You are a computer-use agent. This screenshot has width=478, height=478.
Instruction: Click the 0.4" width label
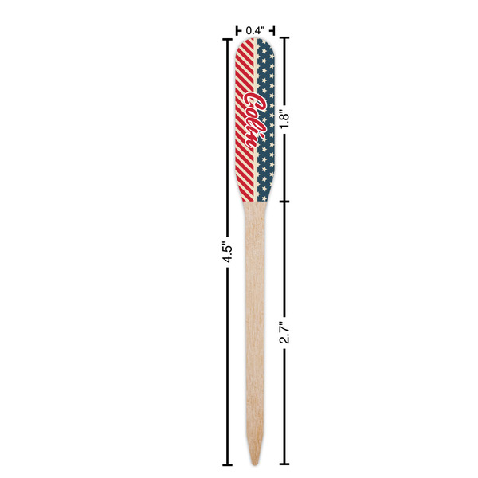point(255,30)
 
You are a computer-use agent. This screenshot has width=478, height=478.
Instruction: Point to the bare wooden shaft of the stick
point(255,319)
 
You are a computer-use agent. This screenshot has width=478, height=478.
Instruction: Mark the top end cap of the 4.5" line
point(228,38)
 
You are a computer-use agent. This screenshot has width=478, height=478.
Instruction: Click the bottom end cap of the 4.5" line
point(228,464)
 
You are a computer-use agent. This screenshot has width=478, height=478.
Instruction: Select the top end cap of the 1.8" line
point(284,38)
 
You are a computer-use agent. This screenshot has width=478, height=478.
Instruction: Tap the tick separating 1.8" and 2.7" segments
point(284,201)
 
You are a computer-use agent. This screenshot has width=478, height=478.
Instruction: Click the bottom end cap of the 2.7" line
point(284,464)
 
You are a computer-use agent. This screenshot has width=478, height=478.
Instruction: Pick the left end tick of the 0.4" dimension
point(237,31)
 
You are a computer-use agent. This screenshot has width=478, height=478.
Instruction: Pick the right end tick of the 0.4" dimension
point(275,31)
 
